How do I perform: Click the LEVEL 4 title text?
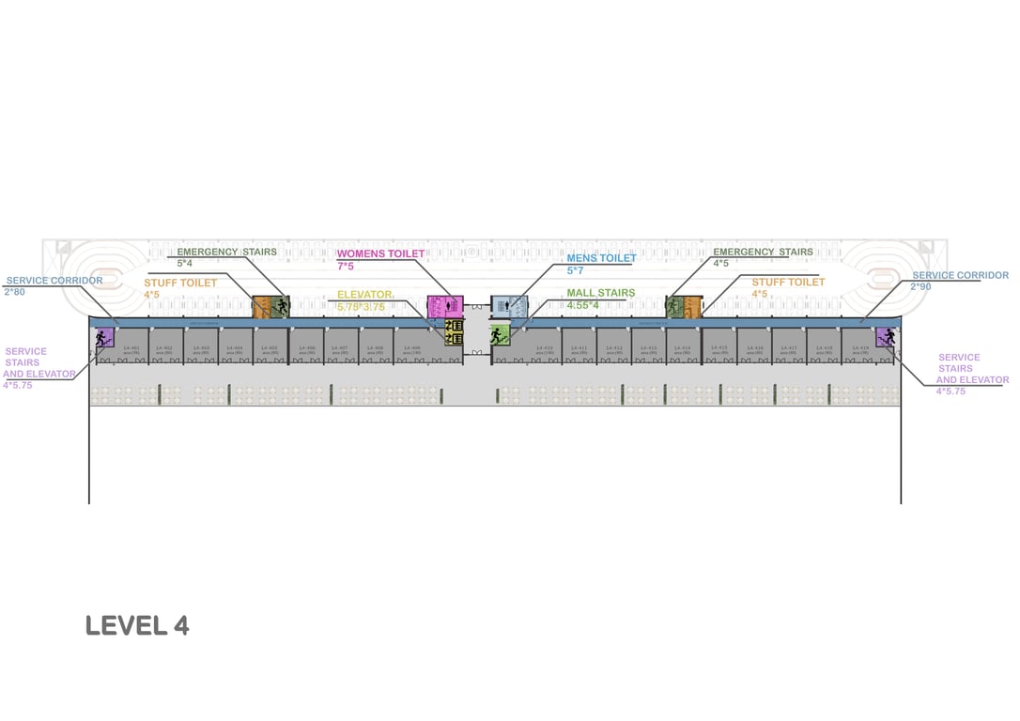[x=137, y=626]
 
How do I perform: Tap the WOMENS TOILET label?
[x=380, y=253]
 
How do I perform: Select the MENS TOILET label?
[x=601, y=258]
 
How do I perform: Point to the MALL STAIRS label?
[x=601, y=293]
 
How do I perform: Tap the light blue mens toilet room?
[x=510, y=305]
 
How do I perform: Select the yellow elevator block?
[x=455, y=331]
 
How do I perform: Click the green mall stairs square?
[x=499, y=334]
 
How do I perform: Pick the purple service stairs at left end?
[x=103, y=336]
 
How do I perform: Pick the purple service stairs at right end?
[x=885, y=336]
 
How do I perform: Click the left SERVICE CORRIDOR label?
[x=54, y=280]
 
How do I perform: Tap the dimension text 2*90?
[x=920, y=286]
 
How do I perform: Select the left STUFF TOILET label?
[x=180, y=283]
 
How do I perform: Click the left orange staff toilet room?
[x=261, y=306]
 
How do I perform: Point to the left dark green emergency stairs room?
[x=280, y=306]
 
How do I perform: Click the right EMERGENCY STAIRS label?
[x=763, y=252]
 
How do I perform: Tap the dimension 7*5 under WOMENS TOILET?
[x=345, y=267]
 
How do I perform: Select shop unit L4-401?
[x=131, y=349]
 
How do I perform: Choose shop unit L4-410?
[x=545, y=349]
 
